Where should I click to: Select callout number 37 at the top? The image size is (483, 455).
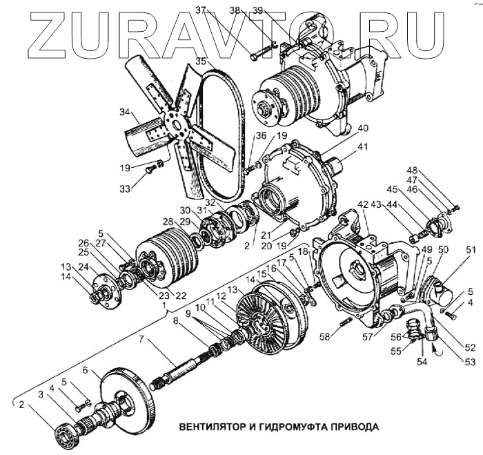click(x=201, y=10)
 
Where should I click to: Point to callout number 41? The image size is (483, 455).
click(x=363, y=148)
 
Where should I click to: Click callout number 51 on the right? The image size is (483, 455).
click(x=452, y=250)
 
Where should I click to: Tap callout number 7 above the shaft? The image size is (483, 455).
click(x=141, y=340)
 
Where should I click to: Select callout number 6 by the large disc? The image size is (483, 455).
click(x=86, y=371)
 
